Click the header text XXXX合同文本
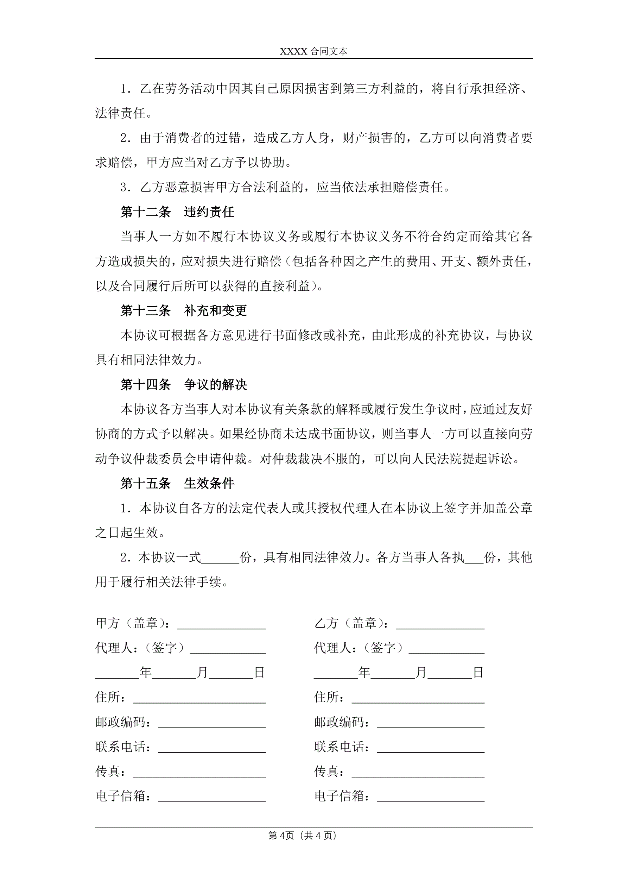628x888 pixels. (313, 51)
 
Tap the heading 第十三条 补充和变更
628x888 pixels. (183, 310)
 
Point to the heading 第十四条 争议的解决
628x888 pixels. (183, 384)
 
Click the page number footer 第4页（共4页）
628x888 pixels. (303, 836)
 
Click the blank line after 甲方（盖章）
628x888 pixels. (221, 623)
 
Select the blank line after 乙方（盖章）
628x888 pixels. (440, 623)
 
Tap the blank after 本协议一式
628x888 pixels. (221, 558)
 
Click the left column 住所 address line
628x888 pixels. (199, 697)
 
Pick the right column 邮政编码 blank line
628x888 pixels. (430, 722)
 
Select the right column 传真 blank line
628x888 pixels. (418, 772)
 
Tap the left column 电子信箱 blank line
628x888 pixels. (212, 796)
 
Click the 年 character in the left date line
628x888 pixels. (145, 673)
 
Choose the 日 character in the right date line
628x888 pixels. (478, 673)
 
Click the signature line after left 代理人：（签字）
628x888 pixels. (227, 648)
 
